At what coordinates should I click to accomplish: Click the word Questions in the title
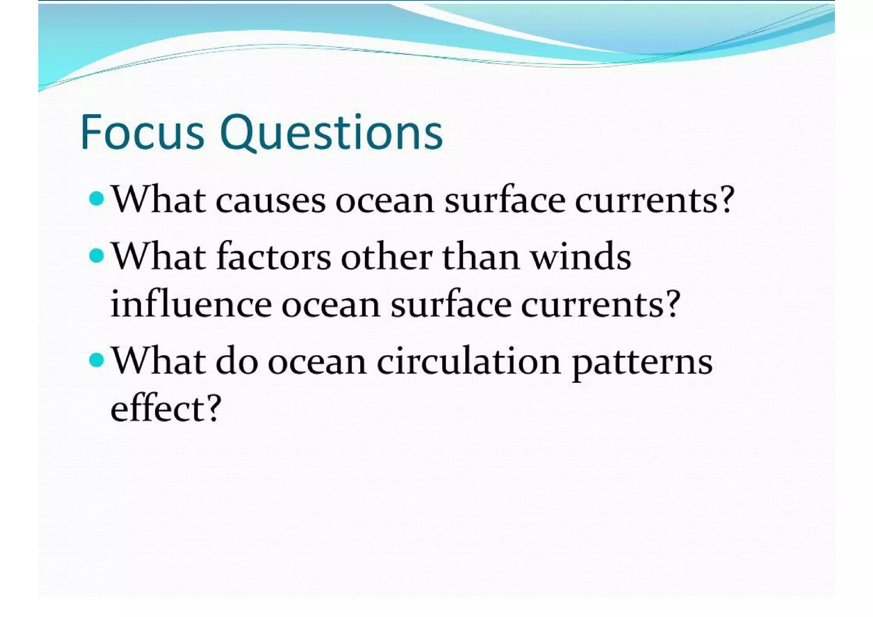pyautogui.click(x=331, y=133)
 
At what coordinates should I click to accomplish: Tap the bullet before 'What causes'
pyautogui.click(x=97, y=198)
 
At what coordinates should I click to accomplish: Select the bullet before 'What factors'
pyautogui.click(x=97, y=256)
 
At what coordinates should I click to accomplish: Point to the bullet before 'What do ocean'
pyautogui.click(x=97, y=360)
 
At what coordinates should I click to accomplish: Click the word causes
pyautogui.click(x=271, y=200)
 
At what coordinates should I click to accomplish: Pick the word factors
pyautogui.click(x=274, y=257)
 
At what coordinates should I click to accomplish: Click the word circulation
pyautogui.click(x=468, y=361)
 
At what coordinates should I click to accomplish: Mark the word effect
pyautogui.click(x=158, y=408)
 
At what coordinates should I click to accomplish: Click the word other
pyautogui.click(x=387, y=257)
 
